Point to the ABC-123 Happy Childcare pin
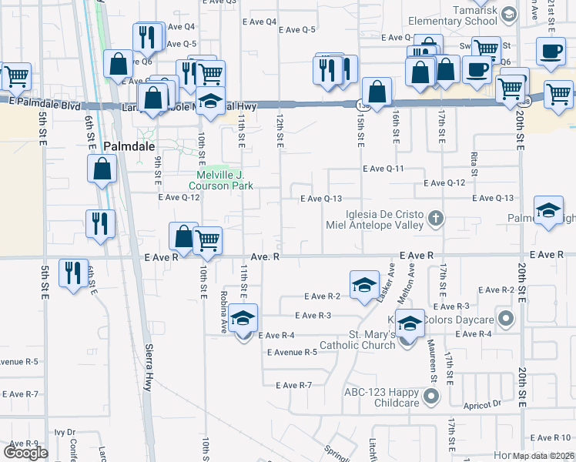pos(431,397)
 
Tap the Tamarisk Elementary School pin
pos(507,13)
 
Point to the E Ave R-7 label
pos(293,385)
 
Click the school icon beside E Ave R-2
pos(364,284)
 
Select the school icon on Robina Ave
pos(243,318)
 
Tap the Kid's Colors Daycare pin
pos(505,316)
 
